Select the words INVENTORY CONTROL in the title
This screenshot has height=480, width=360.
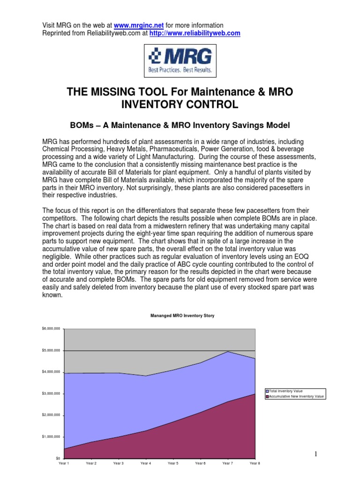point(180,105)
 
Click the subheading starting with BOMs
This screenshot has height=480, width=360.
point(180,125)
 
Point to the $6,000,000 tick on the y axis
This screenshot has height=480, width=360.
point(52,330)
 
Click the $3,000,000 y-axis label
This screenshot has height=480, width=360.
point(52,394)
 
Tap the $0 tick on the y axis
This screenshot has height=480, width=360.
point(58,458)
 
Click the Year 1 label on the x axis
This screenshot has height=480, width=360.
point(64,463)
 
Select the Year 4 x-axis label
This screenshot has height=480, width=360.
point(145,463)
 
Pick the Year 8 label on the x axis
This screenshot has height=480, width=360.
point(255,463)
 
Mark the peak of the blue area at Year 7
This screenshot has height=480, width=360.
point(228,352)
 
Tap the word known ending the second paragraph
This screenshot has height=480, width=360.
point(52,296)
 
